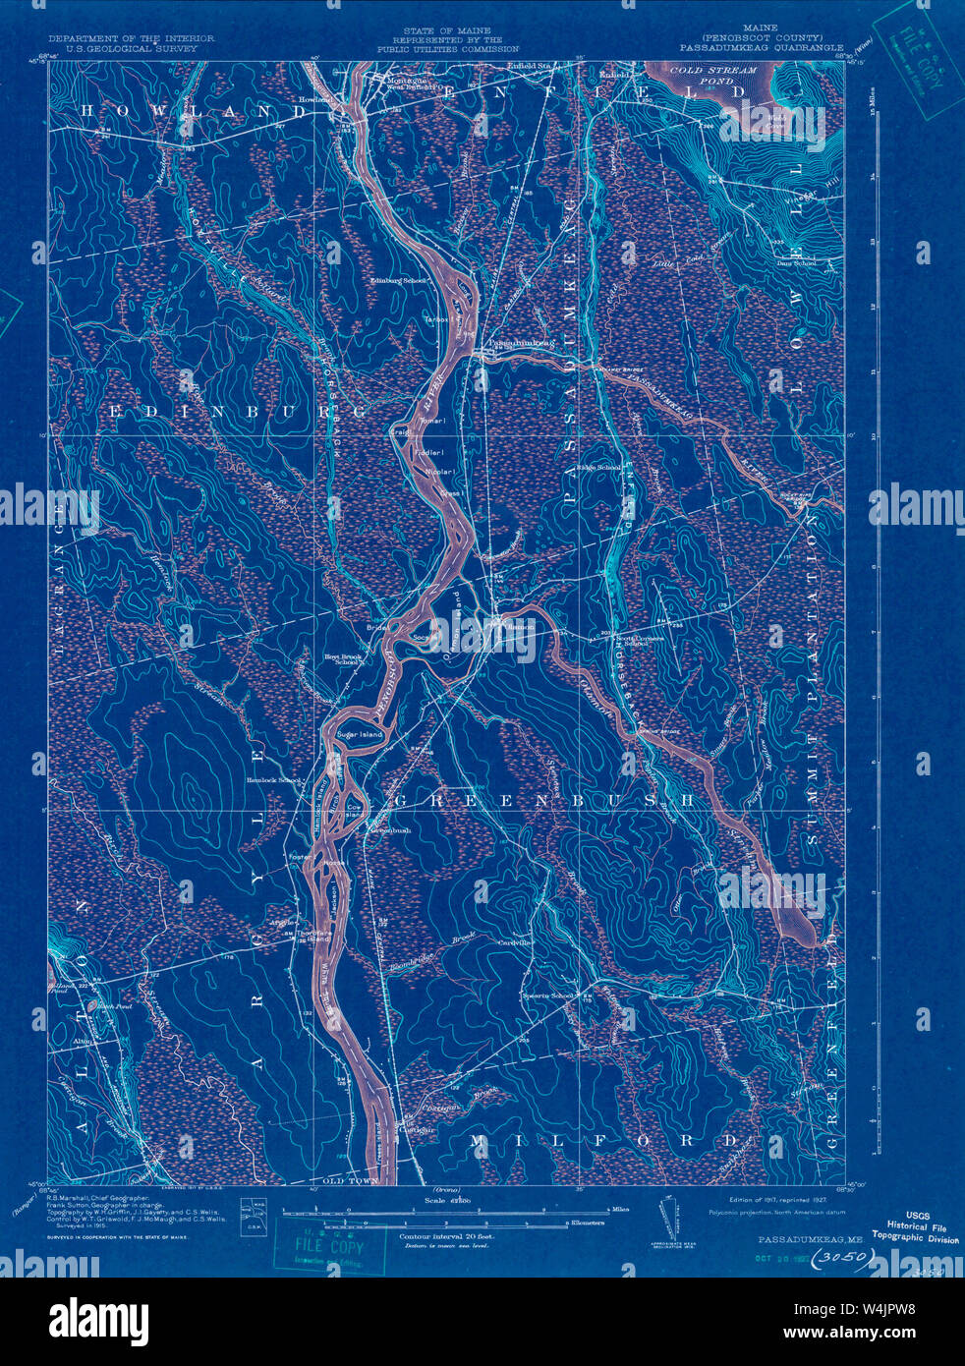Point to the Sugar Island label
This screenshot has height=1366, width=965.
coord(358,734)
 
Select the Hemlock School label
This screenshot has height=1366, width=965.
coord(274,780)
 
